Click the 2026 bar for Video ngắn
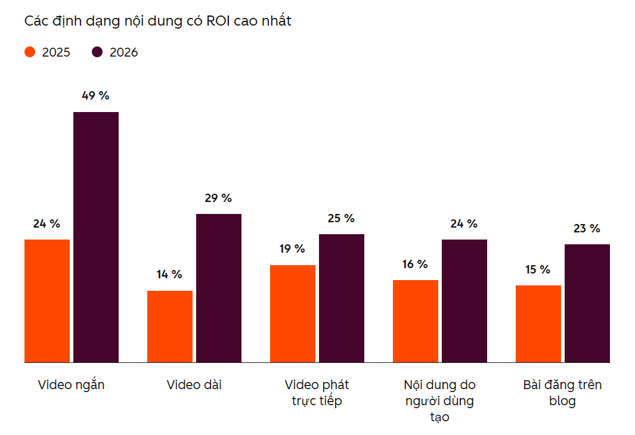[96, 237]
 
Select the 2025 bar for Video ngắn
[47, 301]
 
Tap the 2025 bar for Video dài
[170, 327]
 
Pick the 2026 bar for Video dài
[219, 288]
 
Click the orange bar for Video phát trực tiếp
[293, 314]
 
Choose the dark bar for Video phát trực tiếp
[342, 298]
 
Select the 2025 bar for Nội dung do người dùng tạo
[416, 321]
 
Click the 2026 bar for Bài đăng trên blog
[587, 303]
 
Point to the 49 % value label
[95, 95]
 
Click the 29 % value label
[218, 198]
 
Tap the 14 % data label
[169, 274]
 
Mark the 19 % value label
[292, 248]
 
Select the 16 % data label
[415, 264]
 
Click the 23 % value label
[587, 229]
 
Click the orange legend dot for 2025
[30, 52]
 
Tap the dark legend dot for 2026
[97, 52]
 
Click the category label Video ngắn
[72, 385]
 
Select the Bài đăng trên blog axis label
[562, 393]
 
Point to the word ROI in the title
[218, 21]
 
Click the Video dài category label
[194, 384]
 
